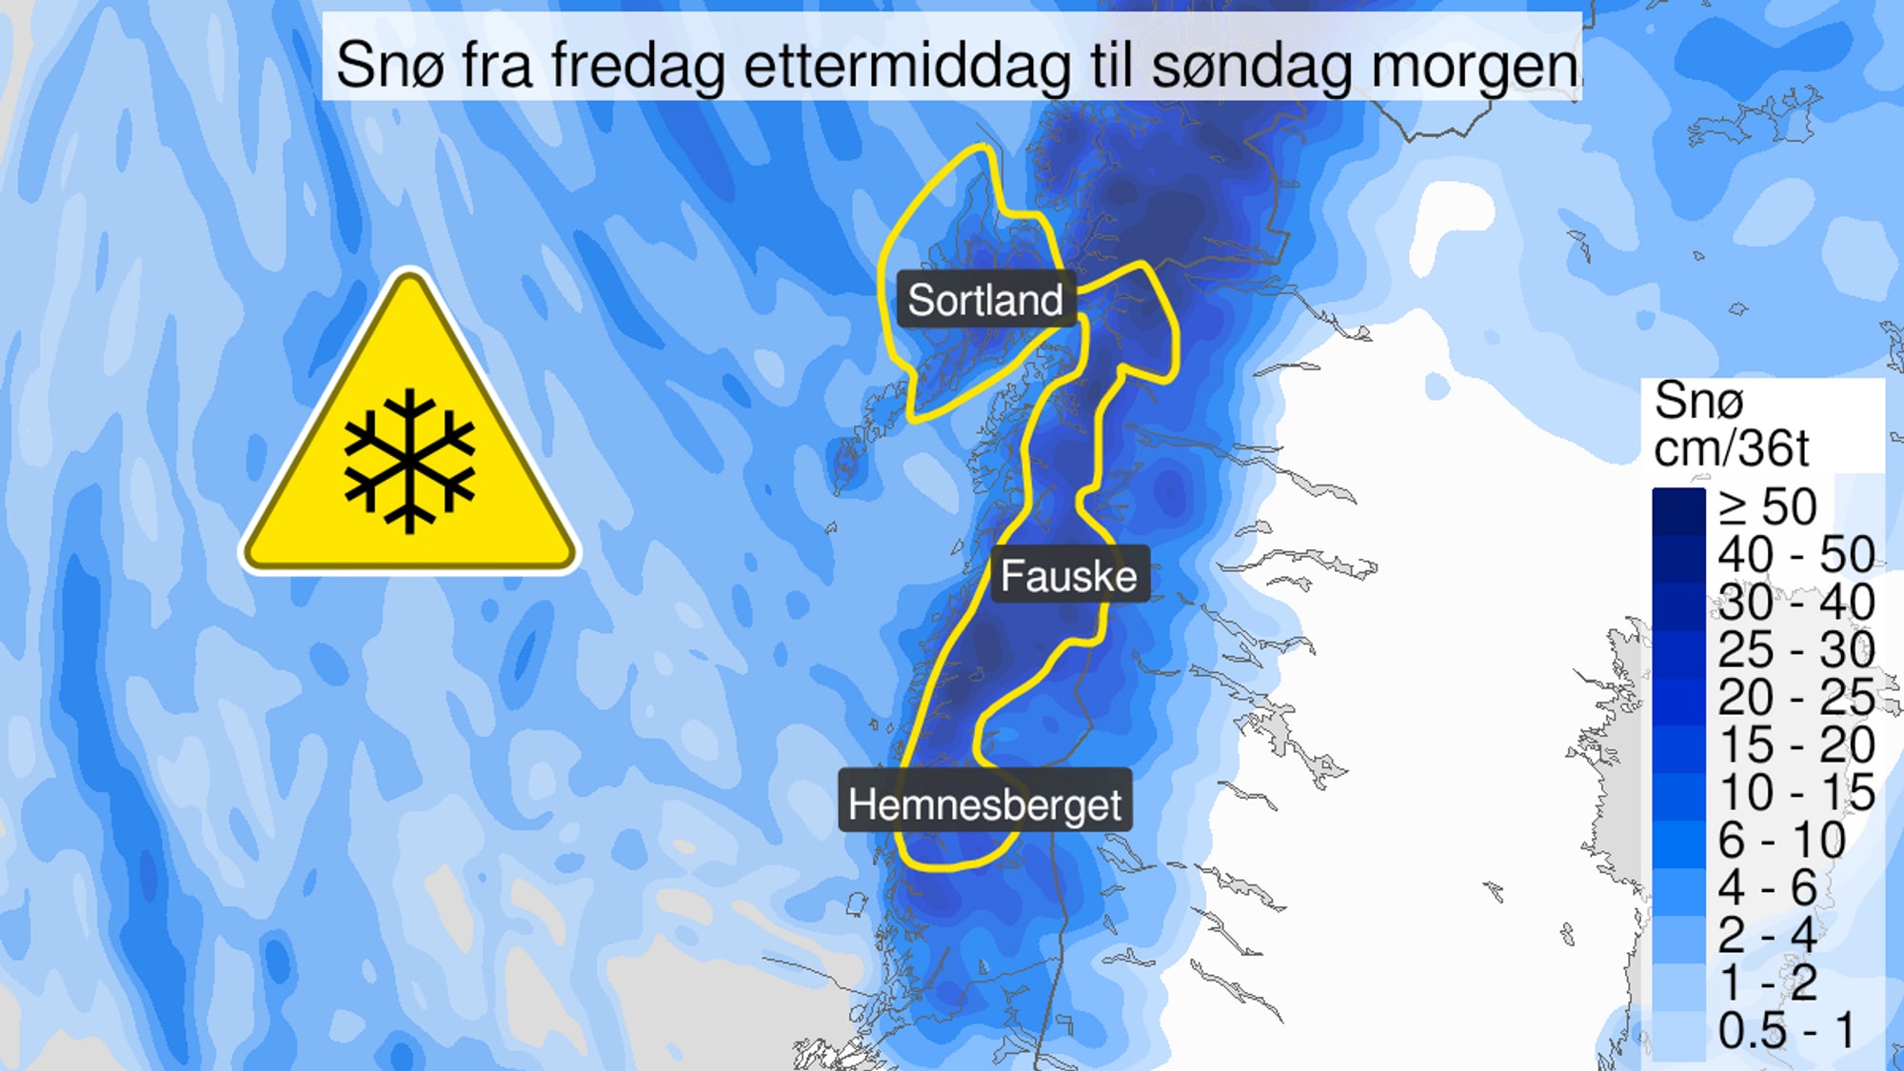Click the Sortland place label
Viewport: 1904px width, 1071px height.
coord(984,300)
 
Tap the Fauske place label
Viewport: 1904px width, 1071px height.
coord(1068,576)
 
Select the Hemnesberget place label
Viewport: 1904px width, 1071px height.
coord(984,804)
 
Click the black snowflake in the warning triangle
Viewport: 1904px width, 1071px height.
coord(409,460)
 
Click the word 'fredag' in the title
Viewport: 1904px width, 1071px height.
coord(638,66)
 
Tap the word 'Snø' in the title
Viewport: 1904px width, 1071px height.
coord(390,66)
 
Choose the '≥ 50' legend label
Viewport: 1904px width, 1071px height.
coord(1768,506)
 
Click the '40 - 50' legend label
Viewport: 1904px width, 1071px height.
coord(1795,554)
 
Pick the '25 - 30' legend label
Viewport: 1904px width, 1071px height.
coord(1795,649)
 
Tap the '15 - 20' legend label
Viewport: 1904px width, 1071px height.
coord(1795,744)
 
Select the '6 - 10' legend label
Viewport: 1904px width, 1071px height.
coord(1781,840)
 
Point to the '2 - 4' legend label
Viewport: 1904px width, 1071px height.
coord(1767,935)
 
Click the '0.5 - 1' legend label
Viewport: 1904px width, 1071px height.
coord(1787,1030)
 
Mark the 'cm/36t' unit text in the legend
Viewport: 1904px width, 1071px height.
coord(1731,447)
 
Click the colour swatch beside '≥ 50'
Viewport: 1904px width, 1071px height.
coord(1678,510)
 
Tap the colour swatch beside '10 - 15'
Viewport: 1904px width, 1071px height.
coord(1678,796)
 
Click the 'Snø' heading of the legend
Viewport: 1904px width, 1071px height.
coord(1698,400)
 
